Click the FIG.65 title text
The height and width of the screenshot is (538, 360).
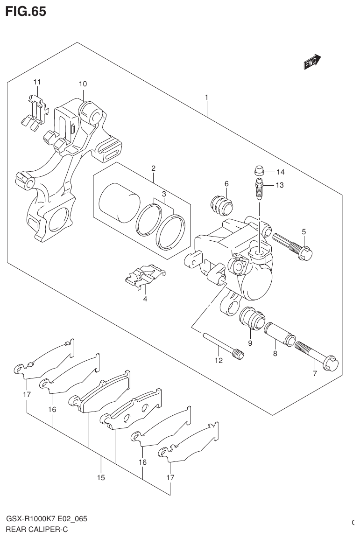coord(26,11)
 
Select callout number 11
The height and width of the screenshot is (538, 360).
coord(37,82)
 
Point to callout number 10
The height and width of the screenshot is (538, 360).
coord(83,84)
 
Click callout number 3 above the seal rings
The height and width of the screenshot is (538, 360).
coord(164,194)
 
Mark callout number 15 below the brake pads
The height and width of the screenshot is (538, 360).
coord(101,477)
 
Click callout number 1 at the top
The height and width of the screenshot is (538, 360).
coord(206,98)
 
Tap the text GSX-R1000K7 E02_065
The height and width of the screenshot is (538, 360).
coord(47,519)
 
